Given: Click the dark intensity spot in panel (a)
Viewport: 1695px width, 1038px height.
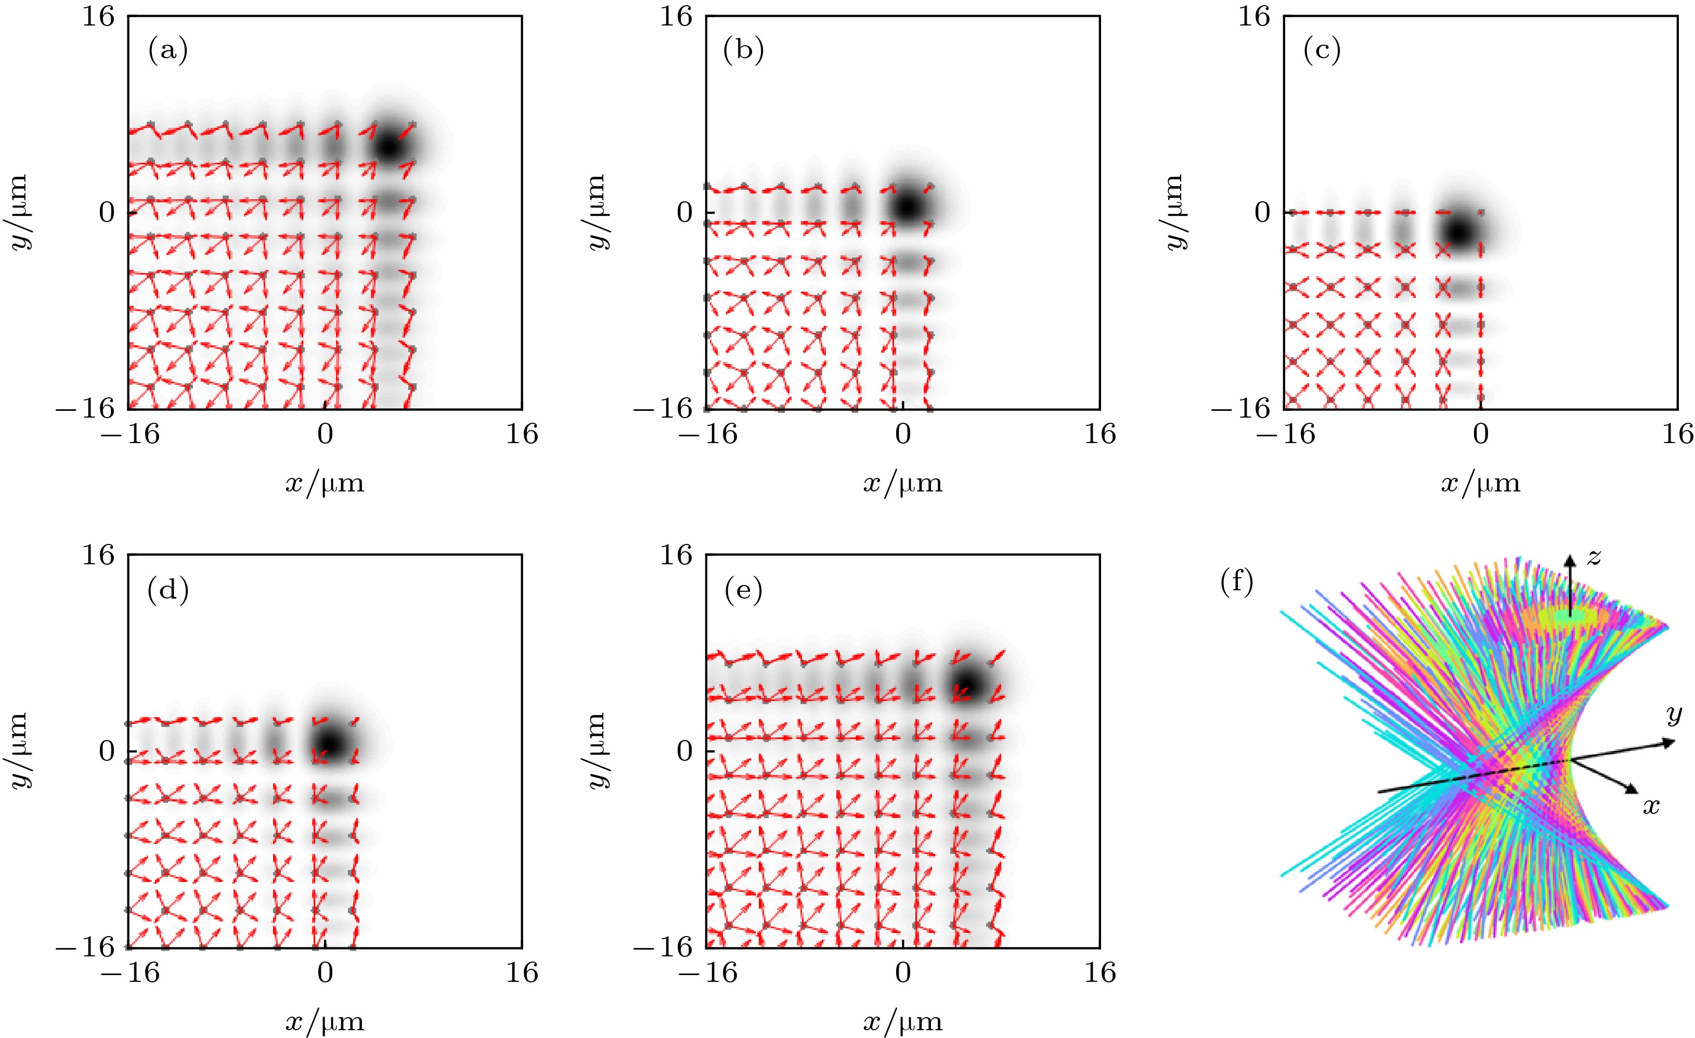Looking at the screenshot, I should (390, 147).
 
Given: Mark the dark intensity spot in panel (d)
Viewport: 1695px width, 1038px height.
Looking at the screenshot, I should (330, 744).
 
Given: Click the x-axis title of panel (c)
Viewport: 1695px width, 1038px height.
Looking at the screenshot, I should (1480, 484).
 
